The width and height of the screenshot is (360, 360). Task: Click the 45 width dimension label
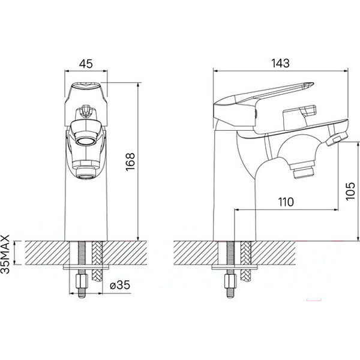click(86, 64)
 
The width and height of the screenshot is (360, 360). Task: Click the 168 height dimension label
click(130, 161)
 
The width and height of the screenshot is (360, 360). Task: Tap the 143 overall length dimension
click(280, 63)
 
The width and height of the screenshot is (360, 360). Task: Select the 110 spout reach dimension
click(286, 202)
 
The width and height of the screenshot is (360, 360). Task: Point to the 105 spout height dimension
click(350, 191)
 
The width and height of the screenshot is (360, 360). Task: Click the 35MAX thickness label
click(5, 254)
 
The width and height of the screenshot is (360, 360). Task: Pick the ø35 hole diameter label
click(120, 285)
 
